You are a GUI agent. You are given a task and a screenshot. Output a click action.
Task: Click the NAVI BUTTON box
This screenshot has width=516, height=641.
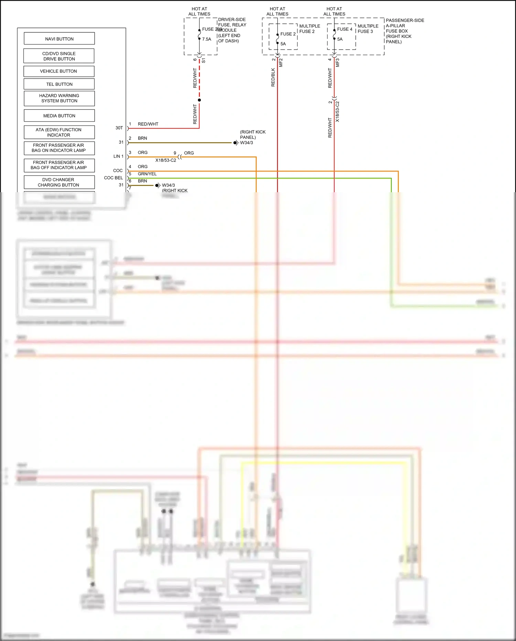[x=59, y=39]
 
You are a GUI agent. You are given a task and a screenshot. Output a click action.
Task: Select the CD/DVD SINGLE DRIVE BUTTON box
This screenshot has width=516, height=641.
[x=59, y=56]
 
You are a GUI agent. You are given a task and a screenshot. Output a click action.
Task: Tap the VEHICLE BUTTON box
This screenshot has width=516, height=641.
[x=58, y=71]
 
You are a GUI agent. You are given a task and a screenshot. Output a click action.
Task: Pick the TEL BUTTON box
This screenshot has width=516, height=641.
[x=59, y=84]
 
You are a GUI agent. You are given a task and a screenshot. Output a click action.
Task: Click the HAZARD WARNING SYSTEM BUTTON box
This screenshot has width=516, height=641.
[x=59, y=98]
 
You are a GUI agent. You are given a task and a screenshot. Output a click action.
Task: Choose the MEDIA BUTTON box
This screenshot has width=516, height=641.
[x=59, y=116]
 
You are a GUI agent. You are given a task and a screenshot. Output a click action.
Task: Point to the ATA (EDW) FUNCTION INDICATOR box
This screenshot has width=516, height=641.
[x=58, y=132]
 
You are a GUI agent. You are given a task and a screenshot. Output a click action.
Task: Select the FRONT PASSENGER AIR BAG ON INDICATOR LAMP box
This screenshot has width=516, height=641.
[x=58, y=148]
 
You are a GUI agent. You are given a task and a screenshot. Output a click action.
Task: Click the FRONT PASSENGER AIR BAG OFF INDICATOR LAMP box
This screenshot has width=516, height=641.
[x=58, y=165]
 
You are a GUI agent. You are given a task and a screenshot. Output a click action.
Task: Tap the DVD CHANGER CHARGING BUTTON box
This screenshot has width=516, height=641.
[x=58, y=182]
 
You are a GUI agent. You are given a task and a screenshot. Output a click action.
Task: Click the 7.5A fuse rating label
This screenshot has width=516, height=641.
[x=207, y=39]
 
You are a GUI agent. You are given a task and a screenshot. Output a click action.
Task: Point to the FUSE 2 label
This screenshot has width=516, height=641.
[x=288, y=34]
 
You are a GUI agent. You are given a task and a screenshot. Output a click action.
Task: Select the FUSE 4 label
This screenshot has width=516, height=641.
[x=345, y=29]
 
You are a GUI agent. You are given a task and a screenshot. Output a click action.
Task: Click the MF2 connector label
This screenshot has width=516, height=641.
[x=281, y=63]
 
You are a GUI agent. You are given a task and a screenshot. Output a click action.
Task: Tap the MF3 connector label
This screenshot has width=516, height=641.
[x=338, y=63]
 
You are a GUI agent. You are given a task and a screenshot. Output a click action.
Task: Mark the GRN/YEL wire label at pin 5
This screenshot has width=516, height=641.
[x=147, y=174]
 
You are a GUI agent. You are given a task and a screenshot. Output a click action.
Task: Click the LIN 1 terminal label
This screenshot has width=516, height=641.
[x=118, y=156]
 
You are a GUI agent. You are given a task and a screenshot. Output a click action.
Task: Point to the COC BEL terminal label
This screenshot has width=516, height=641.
[x=114, y=178]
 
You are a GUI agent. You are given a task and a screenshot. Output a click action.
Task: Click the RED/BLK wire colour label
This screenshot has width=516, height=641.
[x=273, y=77]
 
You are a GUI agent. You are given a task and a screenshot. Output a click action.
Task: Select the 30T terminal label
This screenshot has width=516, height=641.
[x=119, y=128]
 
